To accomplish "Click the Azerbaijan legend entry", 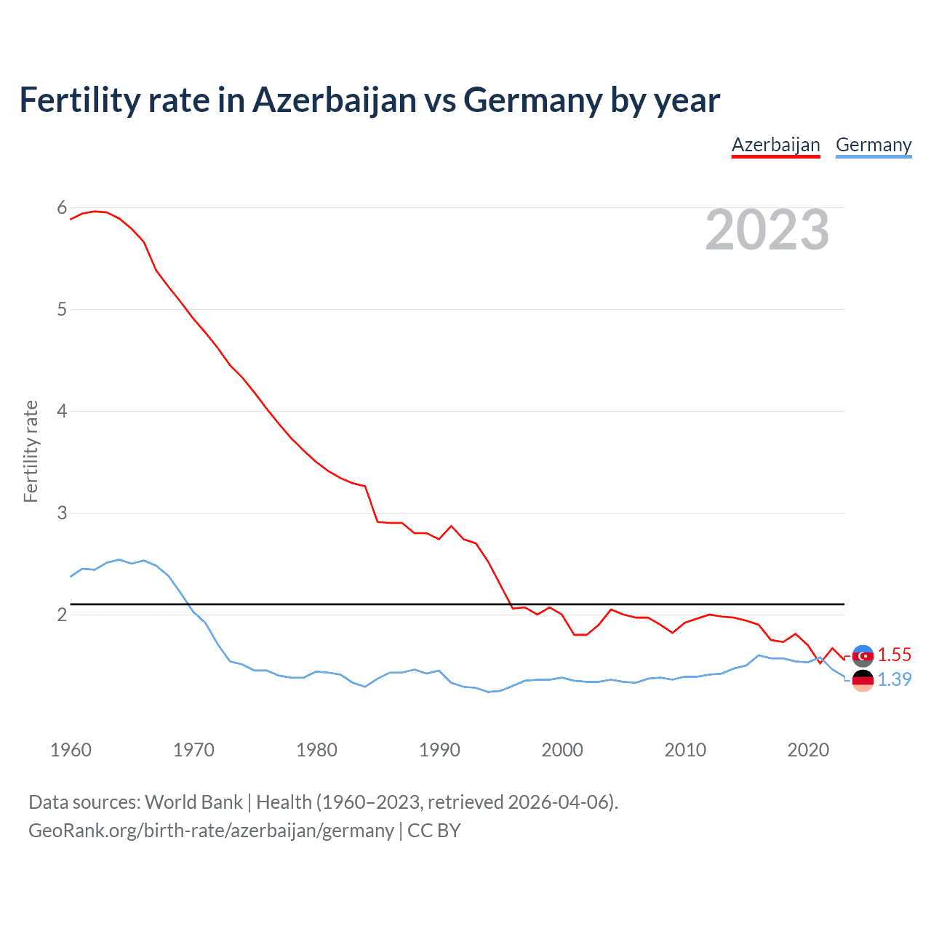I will pos(775,145).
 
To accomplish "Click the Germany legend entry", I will pos(873,145).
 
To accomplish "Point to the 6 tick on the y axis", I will pos(62,208).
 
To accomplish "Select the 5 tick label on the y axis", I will pos(62,310).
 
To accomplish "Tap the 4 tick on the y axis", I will pos(62,412).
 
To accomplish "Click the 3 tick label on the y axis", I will pos(62,514).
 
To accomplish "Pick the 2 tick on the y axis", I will pos(62,615).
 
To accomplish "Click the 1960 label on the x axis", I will pos(71,750).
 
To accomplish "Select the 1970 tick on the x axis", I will pos(193,750).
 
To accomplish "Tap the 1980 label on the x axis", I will pos(316,750).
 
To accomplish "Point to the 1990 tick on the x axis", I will pos(439,750).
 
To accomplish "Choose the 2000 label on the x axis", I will pos(562,750).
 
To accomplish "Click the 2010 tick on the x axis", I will pos(685,750).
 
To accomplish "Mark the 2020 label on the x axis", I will pos(808,750).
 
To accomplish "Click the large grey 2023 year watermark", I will pos(767,231).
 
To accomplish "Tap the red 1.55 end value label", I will pos(894,655).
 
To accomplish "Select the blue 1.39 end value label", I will pos(894,679).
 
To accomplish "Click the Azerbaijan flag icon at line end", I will pos(863,655).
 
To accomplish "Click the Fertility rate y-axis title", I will pos(31,451).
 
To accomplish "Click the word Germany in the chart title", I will pos(533,100).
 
